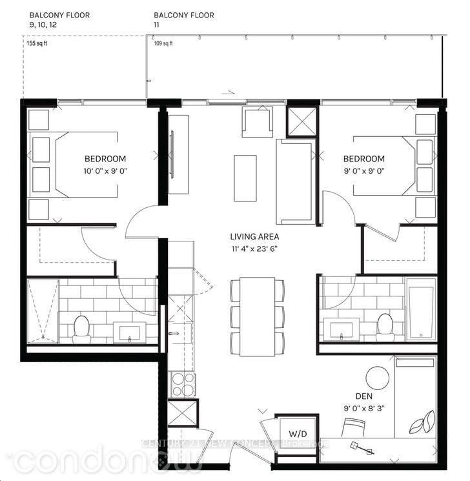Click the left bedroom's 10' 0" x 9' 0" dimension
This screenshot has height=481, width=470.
[105, 171]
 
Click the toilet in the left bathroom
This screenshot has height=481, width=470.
[81, 328]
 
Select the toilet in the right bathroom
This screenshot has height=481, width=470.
[385, 325]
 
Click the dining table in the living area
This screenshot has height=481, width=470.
[257, 316]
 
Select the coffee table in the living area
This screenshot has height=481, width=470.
[245, 177]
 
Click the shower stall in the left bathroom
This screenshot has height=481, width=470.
[42, 311]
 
